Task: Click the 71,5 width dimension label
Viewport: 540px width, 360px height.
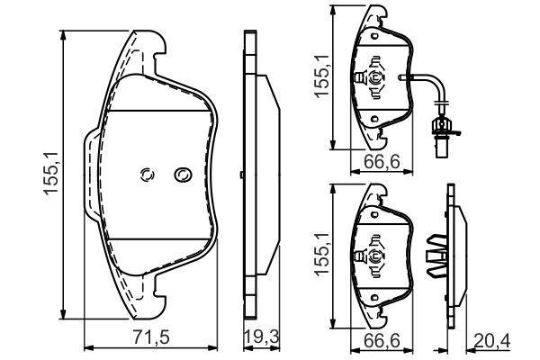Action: (x=151, y=337)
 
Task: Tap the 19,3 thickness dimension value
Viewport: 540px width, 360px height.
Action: (x=261, y=337)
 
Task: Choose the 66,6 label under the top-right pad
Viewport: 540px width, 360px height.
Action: (x=382, y=161)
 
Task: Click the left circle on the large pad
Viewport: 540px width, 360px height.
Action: (x=147, y=175)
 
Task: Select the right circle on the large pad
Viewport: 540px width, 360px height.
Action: (x=183, y=175)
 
